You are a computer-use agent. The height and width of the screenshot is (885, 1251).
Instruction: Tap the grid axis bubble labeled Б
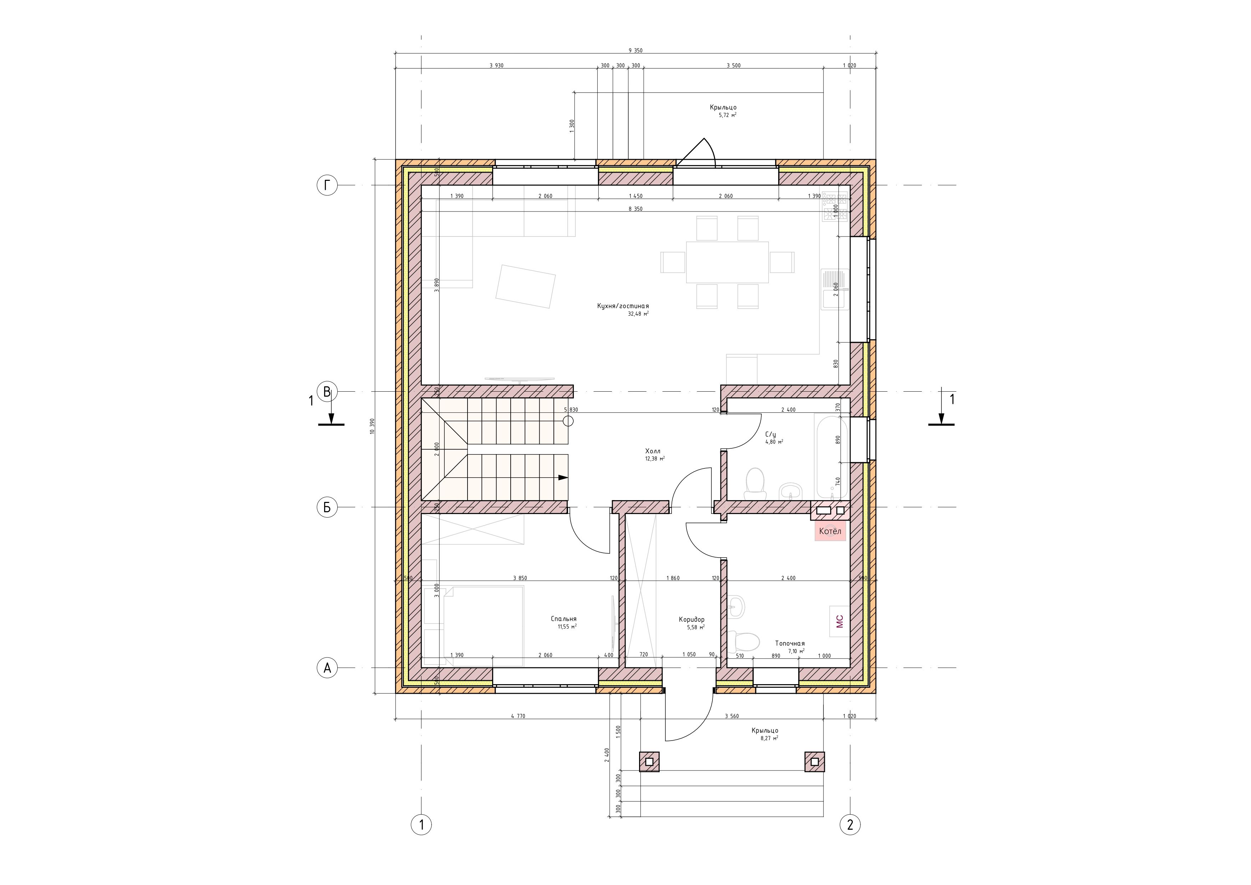pos(327,507)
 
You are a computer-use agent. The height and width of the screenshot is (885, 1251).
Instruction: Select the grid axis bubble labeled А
pos(327,667)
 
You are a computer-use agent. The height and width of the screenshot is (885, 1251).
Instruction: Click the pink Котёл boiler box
pos(830,531)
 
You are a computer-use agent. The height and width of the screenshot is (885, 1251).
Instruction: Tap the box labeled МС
pos(839,621)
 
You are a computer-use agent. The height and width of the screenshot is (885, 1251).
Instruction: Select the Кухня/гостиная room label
pos(623,306)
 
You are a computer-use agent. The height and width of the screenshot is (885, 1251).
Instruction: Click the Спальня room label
pos(563,619)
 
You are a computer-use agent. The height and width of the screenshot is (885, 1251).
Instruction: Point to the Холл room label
pos(653,451)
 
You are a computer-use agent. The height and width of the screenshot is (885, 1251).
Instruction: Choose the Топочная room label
pos(790,644)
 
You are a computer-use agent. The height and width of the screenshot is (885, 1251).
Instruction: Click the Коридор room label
pos(691,620)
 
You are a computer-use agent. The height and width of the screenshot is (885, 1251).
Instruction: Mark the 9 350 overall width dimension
pos(635,50)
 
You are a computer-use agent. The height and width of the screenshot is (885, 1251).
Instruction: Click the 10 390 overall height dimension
pos(372,426)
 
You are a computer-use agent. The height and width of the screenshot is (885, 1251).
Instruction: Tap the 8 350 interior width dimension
pos(635,209)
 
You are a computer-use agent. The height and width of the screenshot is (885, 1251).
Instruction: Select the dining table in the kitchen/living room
pos(727,262)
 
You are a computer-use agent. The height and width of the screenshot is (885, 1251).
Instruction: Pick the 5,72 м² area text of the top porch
pos(728,115)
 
